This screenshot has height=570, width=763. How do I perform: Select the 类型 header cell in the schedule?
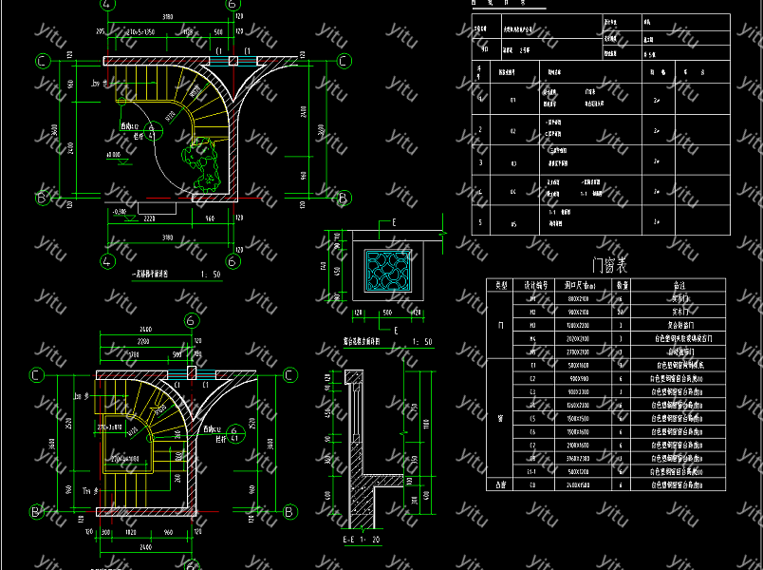coord(499,284)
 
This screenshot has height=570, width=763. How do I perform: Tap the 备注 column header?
coord(678,284)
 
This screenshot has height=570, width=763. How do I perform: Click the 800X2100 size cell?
coord(578,297)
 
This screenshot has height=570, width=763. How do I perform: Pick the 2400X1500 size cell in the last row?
coord(578,484)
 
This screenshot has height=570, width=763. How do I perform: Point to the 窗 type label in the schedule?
coord(499,417)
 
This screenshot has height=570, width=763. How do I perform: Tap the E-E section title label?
coord(352,540)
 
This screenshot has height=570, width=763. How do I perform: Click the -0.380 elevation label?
coord(120,211)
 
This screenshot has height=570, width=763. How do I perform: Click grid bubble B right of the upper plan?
coord(345,198)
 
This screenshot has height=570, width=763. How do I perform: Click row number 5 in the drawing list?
coord(480,224)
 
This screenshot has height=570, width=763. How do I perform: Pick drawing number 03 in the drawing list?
coord(513,161)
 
